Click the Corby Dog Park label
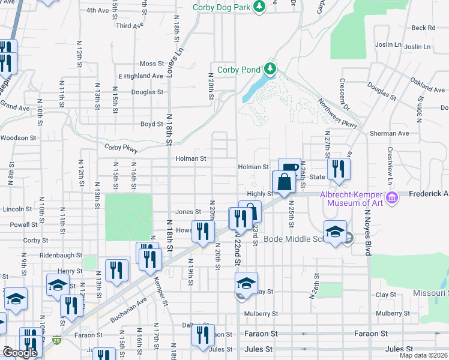[221, 7]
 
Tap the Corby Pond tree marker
[271, 69]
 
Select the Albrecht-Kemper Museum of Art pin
[393, 197]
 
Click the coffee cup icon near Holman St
[289, 167]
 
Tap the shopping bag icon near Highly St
[284, 181]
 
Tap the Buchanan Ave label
[130, 304]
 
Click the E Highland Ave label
[141, 76]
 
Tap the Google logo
[19, 353]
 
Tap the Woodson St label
[18, 137]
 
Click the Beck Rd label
[423, 28]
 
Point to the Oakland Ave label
[427, 85]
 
